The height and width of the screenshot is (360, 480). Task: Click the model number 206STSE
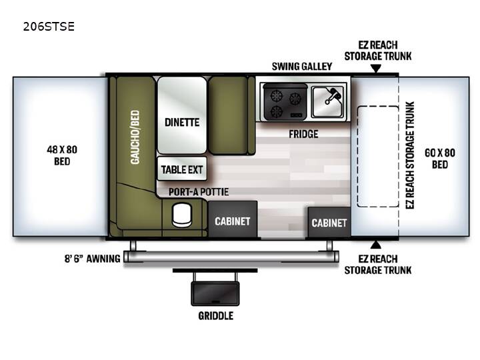tap(49, 27)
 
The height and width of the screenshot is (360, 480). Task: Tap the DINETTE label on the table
tap(182, 123)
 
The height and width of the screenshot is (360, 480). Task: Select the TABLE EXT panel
tap(182, 169)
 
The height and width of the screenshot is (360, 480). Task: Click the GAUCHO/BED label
tap(135, 137)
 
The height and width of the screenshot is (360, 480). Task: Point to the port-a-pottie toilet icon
tap(181, 215)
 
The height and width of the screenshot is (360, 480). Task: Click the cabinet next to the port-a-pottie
tap(233, 219)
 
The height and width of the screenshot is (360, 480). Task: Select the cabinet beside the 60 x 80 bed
tap(329, 222)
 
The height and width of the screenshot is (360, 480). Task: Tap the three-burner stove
tap(285, 102)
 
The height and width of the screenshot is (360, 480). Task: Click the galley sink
tap(327, 102)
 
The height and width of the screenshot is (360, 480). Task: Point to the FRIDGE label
tap(303, 134)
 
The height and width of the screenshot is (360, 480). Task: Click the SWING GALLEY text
tap(302, 67)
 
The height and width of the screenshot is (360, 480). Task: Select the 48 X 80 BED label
tap(62, 155)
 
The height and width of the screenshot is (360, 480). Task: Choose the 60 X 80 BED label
tap(440, 159)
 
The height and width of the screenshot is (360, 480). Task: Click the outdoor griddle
tap(215, 293)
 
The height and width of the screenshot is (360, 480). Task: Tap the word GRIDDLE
tap(216, 315)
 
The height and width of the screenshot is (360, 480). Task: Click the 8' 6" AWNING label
tap(92, 259)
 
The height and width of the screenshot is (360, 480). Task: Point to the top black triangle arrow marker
tap(376, 68)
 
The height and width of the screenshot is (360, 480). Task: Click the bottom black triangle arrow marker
tap(376, 245)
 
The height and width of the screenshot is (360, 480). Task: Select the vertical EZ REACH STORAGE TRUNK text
tap(410, 155)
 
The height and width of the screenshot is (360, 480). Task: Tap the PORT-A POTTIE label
tap(199, 192)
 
